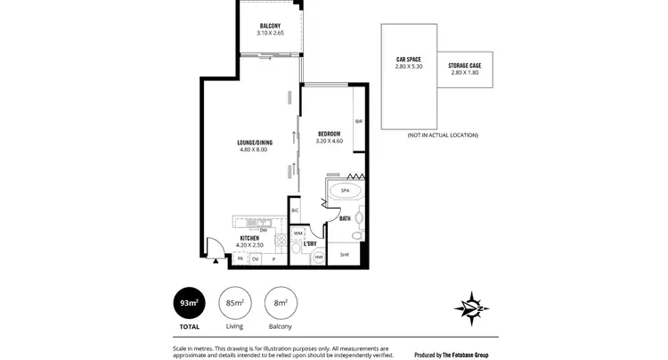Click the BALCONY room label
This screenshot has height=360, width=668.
(270, 25)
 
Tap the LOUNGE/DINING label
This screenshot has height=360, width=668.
(254, 143)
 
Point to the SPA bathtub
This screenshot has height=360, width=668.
(344, 190)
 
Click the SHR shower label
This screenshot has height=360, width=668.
(345, 255)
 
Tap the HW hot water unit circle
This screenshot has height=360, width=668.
(319, 258)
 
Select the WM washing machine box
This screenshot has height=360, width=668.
(298, 233)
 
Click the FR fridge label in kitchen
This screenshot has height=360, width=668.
(240, 258)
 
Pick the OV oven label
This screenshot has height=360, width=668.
(256, 258)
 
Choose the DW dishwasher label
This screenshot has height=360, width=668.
(264, 230)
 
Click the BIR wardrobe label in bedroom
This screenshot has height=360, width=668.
(359, 121)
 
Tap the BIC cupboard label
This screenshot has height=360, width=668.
(295, 210)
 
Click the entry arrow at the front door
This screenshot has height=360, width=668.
(217, 261)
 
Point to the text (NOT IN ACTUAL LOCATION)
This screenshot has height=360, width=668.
(443, 135)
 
